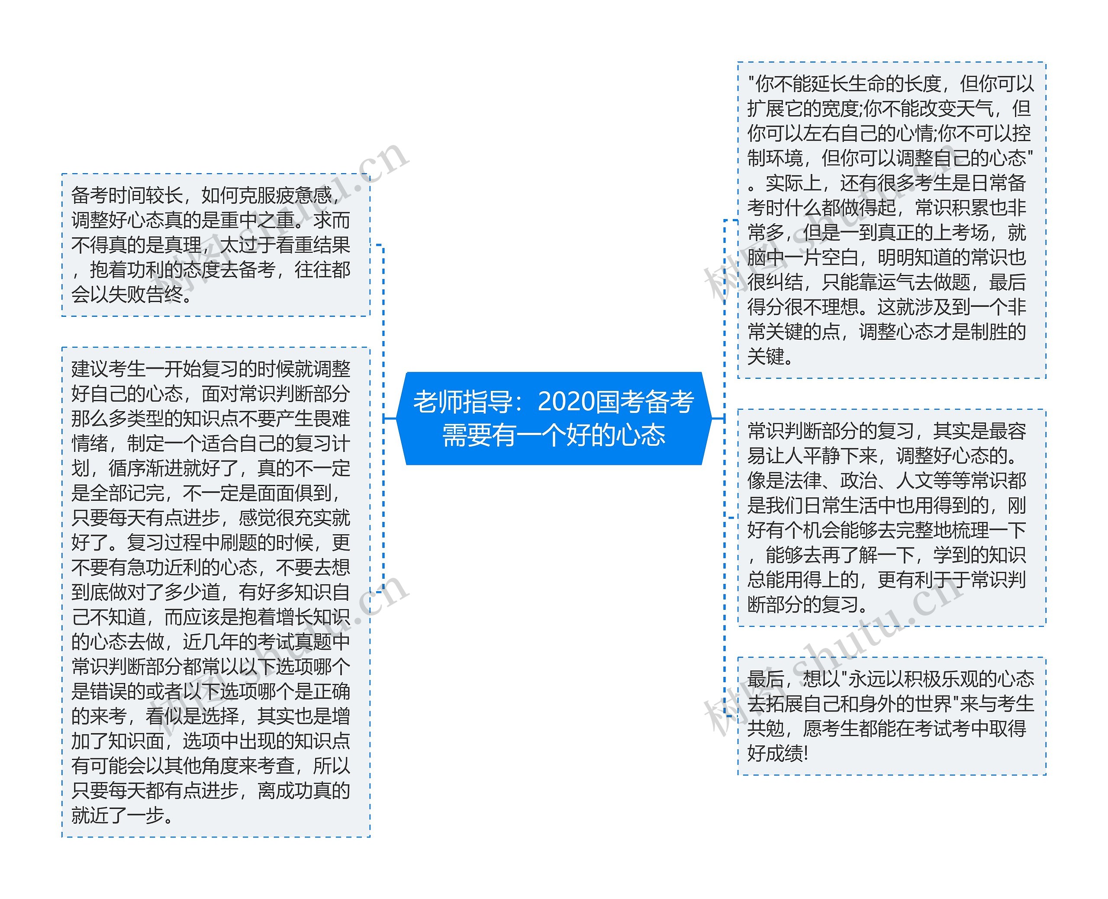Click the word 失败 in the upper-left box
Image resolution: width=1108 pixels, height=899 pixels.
point(127,295)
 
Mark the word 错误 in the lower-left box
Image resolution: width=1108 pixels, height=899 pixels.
point(108,691)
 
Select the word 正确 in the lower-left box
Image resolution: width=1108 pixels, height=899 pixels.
point(332,691)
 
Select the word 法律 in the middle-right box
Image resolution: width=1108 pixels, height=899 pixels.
point(802,480)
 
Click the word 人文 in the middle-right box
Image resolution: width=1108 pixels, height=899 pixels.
point(914,480)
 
